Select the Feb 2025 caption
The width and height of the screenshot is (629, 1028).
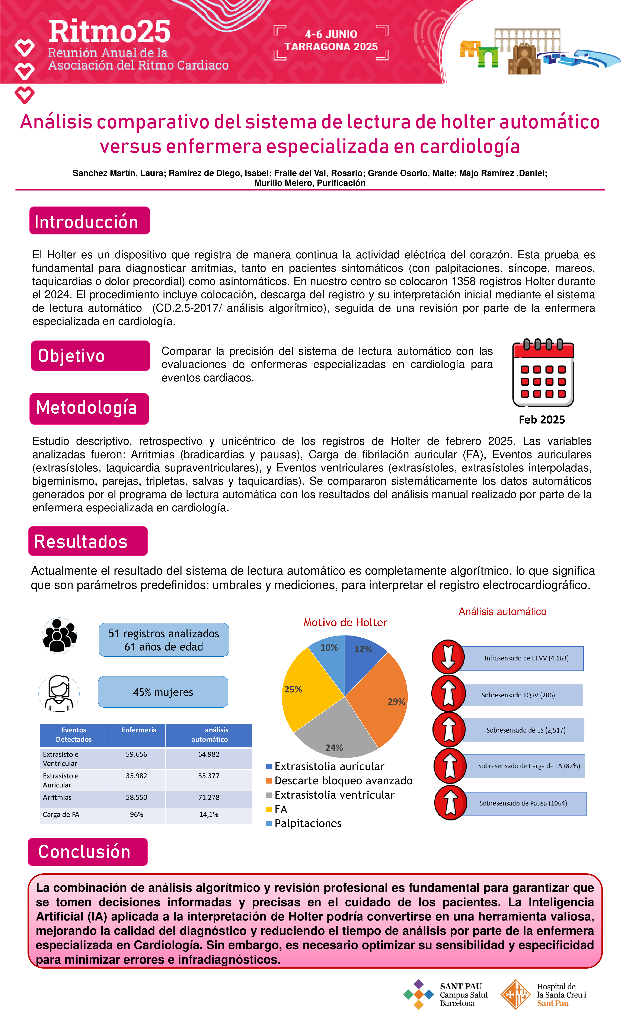(541, 420)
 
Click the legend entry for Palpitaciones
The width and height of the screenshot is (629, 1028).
(308, 823)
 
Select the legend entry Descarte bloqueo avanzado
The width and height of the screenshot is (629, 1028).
(343, 781)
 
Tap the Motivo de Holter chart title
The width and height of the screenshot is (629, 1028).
(345, 622)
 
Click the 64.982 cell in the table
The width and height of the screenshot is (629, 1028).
(209, 754)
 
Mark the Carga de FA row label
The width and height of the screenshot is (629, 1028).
(61, 814)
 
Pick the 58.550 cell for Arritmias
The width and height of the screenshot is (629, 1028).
(137, 797)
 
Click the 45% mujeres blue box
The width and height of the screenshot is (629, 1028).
(163, 692)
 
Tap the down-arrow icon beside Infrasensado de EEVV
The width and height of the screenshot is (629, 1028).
(448, 657)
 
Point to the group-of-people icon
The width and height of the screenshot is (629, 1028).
(60, 635)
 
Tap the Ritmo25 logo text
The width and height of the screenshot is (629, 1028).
(109, 32)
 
